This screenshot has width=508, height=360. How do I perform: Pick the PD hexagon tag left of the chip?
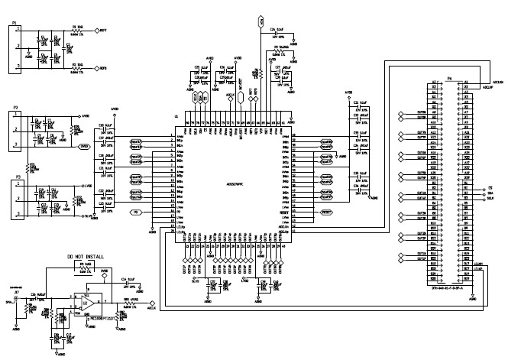pos(137,211)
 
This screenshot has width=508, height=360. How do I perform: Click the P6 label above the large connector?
pos(448,77)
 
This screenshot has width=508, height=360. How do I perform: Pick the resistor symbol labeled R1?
pos(74,31)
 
